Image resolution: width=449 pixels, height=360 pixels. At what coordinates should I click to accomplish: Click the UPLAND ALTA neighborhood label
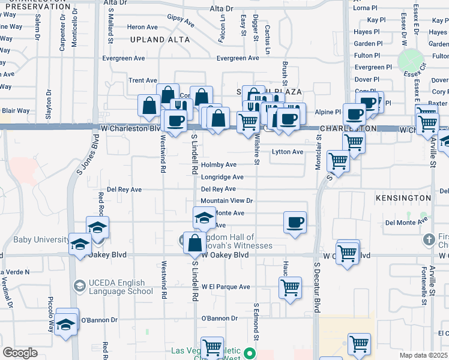click(x=160, y=40)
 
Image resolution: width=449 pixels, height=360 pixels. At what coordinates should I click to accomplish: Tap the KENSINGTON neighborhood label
click(x=403, y=197)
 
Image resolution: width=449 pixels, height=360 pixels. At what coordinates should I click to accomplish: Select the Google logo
click(x=20, y=352)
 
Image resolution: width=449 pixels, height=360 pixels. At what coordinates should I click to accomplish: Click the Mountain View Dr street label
click(x=227, y=201)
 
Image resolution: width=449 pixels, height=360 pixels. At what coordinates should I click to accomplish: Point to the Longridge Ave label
click(x=222, y=177)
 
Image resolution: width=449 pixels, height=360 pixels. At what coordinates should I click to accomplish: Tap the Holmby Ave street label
click(x=218, y=164)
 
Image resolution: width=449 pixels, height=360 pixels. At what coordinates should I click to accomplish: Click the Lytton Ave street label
click(x=288, y=152)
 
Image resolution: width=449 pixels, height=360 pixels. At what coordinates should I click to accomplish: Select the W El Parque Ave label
click(x=225, y=287)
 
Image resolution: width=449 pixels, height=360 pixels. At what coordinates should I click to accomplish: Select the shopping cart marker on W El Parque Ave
click(x=291, y=287)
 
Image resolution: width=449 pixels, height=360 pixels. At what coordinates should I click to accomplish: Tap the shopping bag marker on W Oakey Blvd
click(x=194, y=244)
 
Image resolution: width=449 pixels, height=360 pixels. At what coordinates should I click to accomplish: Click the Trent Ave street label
click(x=143, y=80)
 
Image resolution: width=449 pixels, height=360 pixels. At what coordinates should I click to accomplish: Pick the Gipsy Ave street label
click(x=181, y=21)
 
